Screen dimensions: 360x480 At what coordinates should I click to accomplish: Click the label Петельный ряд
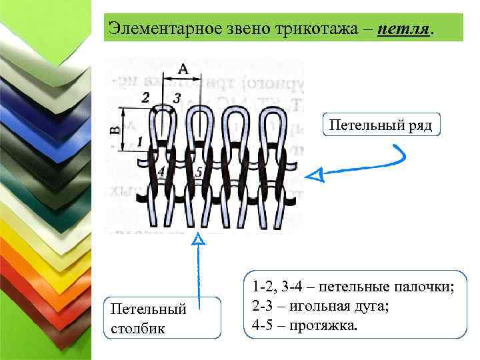(382, 125)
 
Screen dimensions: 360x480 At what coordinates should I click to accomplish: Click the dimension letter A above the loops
(183, 67)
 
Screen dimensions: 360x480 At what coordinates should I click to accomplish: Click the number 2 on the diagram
(146, 97)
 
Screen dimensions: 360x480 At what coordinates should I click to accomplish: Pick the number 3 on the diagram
(176, 98)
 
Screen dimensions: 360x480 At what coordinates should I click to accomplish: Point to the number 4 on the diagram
(161, 171)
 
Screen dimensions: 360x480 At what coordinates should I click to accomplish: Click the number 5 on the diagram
(199, 172)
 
